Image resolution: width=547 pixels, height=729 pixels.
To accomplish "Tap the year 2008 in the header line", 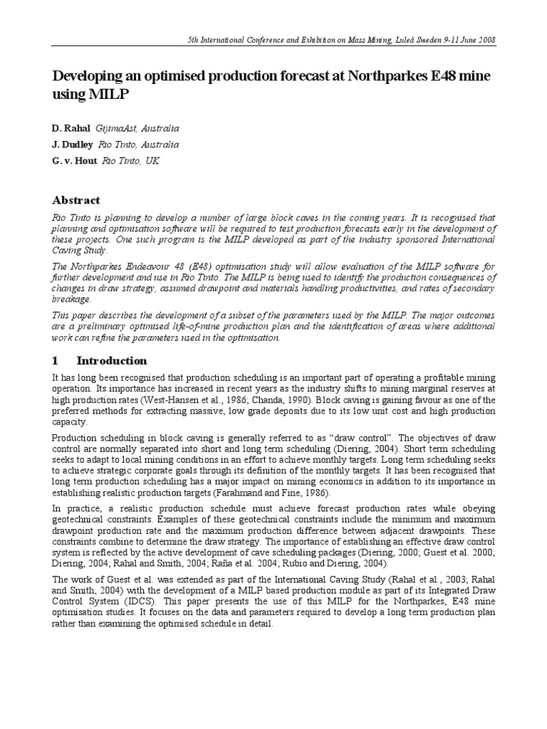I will click(x=485, y=40).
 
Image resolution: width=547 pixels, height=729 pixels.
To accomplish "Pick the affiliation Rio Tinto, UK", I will click(x=131, y=162).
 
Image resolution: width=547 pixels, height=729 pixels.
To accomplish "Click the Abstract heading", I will click(x=76, y=200).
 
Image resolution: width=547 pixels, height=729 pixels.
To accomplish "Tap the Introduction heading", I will click(x=112, y=360).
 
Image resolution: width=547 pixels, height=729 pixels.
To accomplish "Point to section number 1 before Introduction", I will click(x=56, y=360).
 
